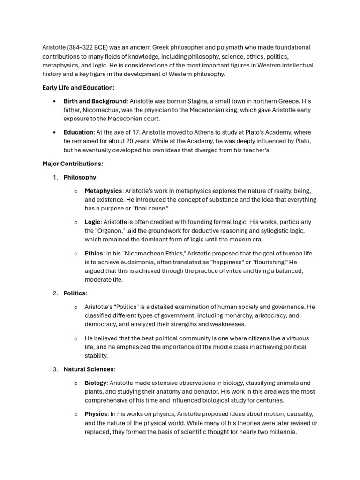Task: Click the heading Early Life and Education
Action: [x=78, y=88]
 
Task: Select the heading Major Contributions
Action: [x=73, y=164]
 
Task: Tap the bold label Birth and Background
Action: [x=95, y=101]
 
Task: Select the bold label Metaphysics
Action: [x=103, y=191]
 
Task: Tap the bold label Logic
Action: [x=92, y=222]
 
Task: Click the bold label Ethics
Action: [x=94, y=254]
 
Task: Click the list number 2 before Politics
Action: [x=55, y=293]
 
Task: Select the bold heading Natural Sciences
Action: [x=89, y=369]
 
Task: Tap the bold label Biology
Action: [x=96, y=383]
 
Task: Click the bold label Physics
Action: [x=96, y=414]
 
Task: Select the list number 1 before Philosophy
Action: [x=55, y=177]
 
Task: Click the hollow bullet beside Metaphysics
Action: [x=76, y=191]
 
